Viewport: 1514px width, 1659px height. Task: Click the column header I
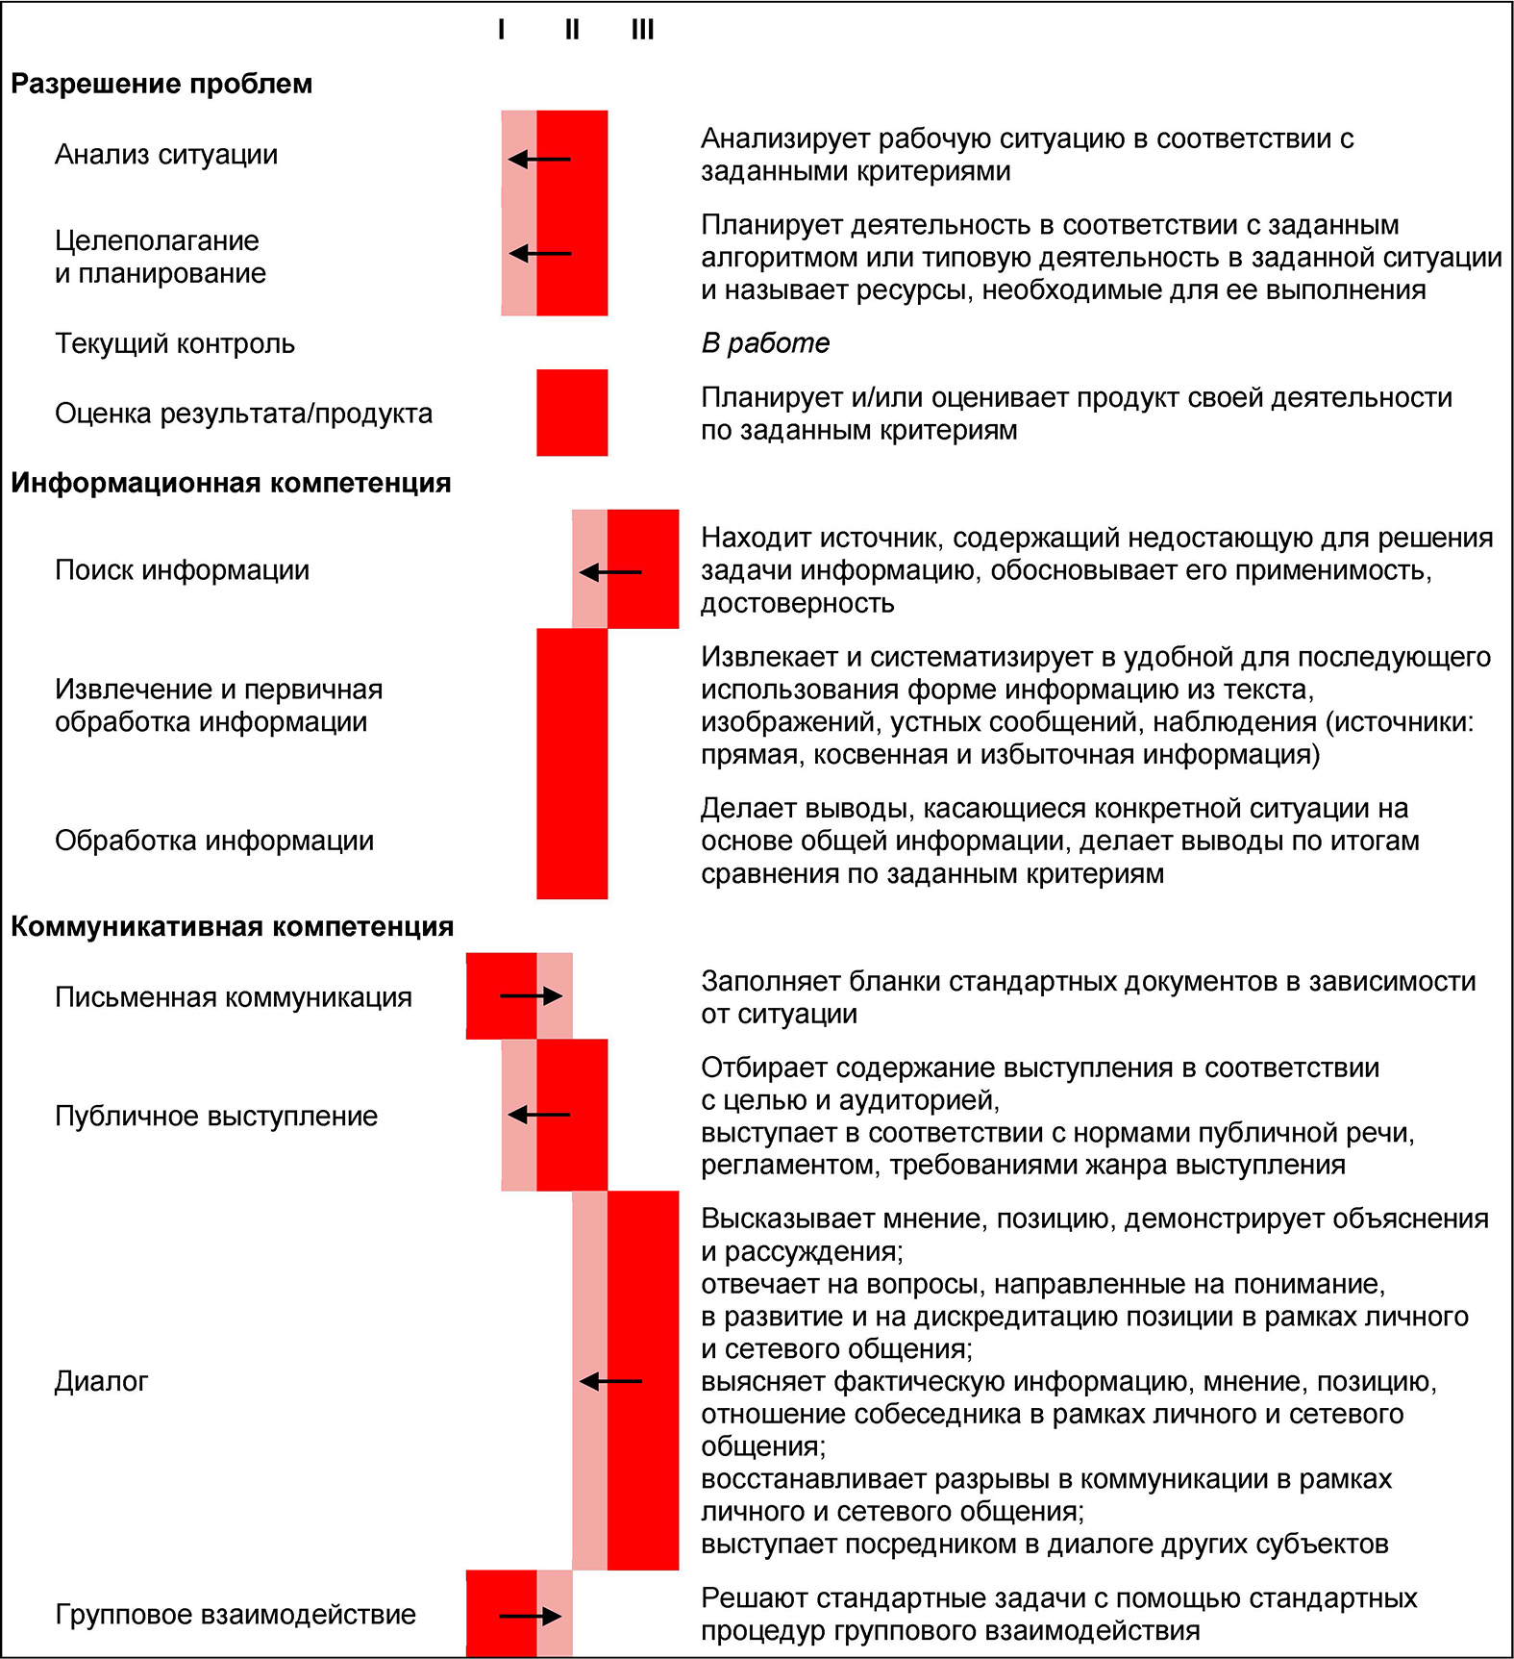(x=501, y=30)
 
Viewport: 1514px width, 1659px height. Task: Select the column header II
(x=572, y=30)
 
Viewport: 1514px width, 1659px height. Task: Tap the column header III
(x=642, y=30)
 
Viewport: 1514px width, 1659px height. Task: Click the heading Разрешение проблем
(x=161, y=84)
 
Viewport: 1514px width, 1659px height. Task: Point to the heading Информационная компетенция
(x=231, y=483)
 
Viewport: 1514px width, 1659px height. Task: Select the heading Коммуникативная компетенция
(x=232, y=926)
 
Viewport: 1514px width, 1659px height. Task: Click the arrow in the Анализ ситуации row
(x=539, y=159)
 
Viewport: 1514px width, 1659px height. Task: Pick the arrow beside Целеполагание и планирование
(x=539, y=254)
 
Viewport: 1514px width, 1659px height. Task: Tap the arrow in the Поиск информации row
(x=610, y=572)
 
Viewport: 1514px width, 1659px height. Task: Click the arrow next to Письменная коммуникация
(x=531, y=996)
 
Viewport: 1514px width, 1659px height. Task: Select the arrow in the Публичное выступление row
(x=539, y=1115)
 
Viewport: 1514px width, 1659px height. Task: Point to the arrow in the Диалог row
(x=610, y=1381)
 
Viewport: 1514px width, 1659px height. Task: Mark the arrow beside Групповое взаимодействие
(x=531, y=1616)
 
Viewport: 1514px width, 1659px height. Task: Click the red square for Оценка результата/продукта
(x=572, y=413)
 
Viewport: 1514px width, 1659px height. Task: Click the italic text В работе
(x=765, y=343)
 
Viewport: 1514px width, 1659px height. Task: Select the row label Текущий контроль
(x=175, y=343)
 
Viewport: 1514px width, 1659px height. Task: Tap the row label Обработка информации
(x=214, y=841)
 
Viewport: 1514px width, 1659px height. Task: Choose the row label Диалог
(x=102, y=1381)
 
